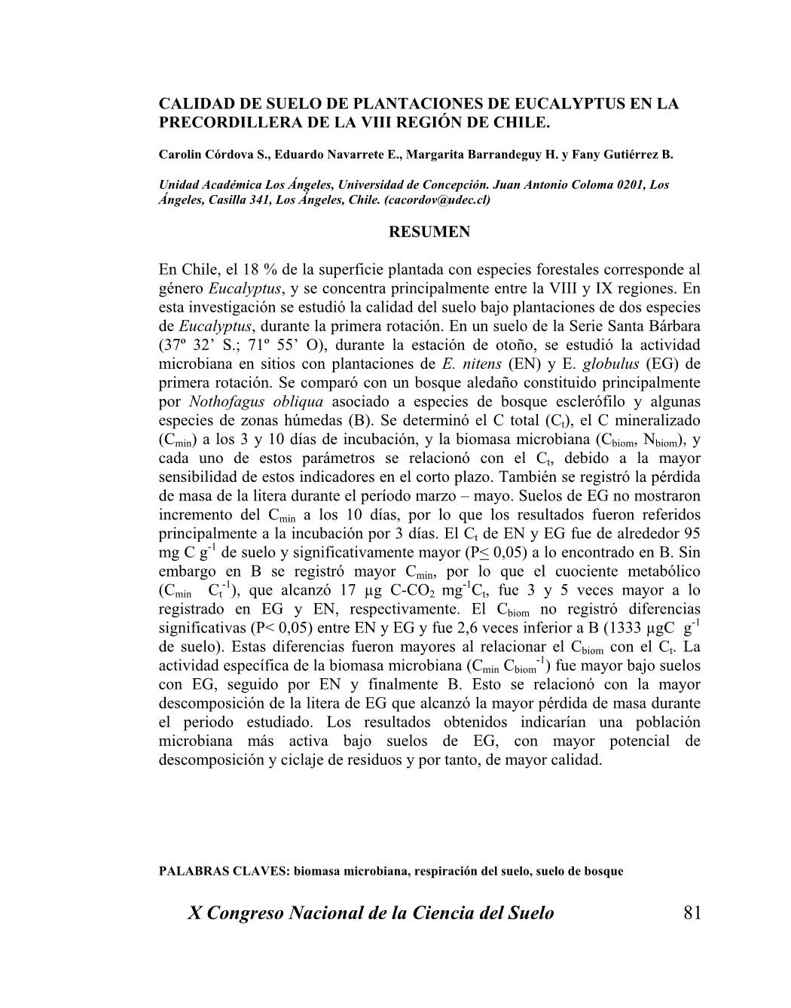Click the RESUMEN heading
429,232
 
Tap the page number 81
692,913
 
